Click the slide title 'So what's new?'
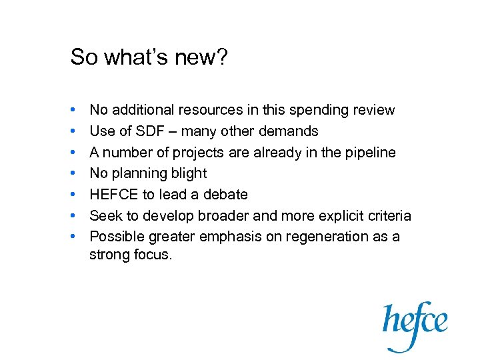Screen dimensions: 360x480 click(149, 57)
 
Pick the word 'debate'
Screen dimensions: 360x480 click(226, 195)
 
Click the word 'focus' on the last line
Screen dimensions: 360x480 click(153, 254)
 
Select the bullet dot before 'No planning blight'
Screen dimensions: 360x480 click(72, 174)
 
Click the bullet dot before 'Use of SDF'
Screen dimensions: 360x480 click(72, 131)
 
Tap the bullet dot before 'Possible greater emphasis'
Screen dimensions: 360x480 click(72, 237)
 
